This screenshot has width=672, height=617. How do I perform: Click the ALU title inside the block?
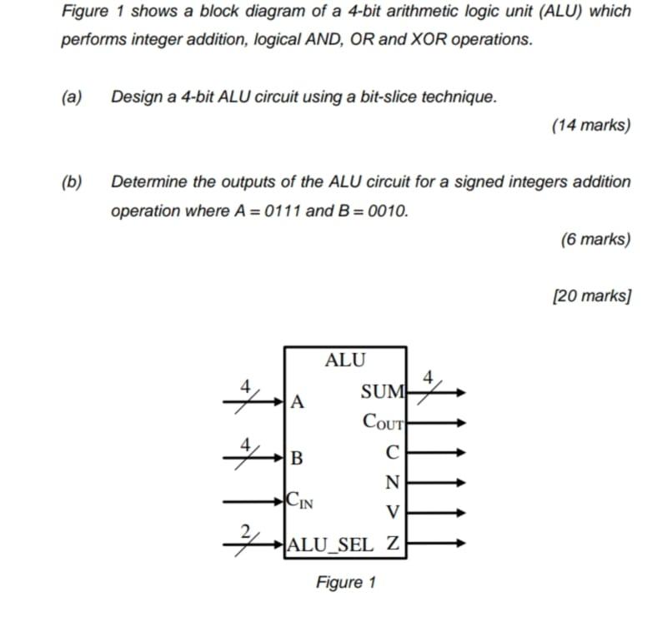[x=345, y=361]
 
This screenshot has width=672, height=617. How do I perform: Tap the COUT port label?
[x=383, y=421]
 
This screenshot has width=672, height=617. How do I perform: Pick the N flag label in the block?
[x=393, y=482]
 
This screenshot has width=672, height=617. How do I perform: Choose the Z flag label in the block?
[x=394, y=545]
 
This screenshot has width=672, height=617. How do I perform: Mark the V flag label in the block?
[x=394, y=510]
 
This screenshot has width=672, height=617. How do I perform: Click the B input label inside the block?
[x=297, y=457]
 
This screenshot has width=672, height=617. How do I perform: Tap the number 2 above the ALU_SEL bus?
[x=245, y=530]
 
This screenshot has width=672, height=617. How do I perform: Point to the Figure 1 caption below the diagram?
[x=345, y=582]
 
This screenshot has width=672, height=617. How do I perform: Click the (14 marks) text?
[x=591, y=125]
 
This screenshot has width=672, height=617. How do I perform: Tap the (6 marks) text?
[x=595, y=239]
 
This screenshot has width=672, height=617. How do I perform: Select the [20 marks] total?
[x=591, y=296]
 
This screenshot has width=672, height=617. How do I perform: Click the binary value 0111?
[x=283, y=211]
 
